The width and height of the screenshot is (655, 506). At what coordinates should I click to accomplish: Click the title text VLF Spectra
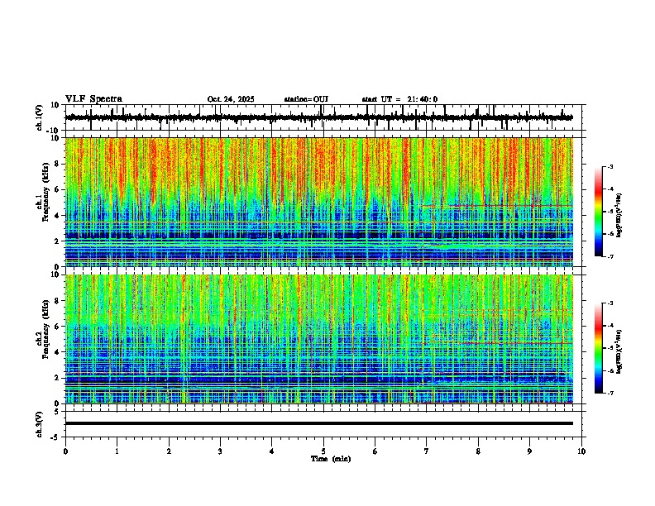(x=93, y=99)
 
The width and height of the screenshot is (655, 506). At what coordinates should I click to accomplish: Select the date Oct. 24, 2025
(x=230, y=99)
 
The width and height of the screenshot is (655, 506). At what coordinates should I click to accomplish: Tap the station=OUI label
(x=306, y=99)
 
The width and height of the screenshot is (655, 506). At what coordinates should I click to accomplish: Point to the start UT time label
(x=399, y=99)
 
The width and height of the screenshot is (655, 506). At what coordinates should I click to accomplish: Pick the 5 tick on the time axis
(x=323, y=451)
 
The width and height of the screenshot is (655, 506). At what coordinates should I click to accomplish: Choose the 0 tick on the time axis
(x=65, y=451)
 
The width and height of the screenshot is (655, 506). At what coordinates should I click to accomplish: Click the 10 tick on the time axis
(x=581, y=451)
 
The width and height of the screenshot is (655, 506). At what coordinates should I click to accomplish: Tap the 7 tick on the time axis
(x=427, y=451)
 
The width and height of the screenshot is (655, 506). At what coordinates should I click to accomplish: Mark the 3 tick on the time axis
(x=220, y=451)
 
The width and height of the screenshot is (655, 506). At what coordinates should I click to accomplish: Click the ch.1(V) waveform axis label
(x=39, y=117)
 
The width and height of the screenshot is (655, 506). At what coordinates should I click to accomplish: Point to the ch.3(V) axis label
(x=39, y=422)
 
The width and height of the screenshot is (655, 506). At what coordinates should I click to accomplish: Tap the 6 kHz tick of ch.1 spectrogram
(x=57, y=189)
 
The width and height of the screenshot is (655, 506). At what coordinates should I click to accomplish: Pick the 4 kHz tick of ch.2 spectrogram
(x=57, y=351)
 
